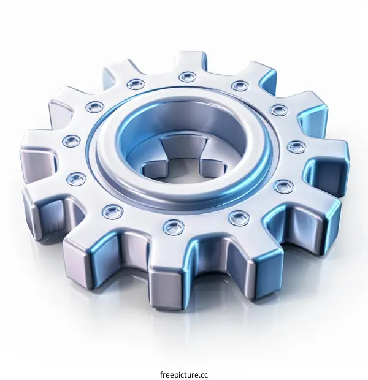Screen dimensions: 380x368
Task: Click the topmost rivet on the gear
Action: pyautogui.click(x=188, y=77)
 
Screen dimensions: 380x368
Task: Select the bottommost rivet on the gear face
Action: pyautogui.click(x=173, y=228)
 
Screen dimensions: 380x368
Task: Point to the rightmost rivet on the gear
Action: pyautogui.click(x=297, y=147)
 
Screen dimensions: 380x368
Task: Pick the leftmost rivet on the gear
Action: pyautogui.click(x=71, y=141)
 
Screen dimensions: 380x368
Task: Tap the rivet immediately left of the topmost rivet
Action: pyautogui.click(x=136, y=84)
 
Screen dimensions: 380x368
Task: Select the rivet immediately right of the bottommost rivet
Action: pyautogui.click(x=239, y=218)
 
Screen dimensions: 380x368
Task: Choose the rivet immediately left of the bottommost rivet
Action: pyautogui.click(x=113, y=211)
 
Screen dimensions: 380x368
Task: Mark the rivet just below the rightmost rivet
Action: pyautogui.click(x=283, y=186)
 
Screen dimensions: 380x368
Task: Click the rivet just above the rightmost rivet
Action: pyautogui.click(x=279, y=110)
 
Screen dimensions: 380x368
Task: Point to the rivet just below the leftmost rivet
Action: pyautogui.click(x=76, y=179)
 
